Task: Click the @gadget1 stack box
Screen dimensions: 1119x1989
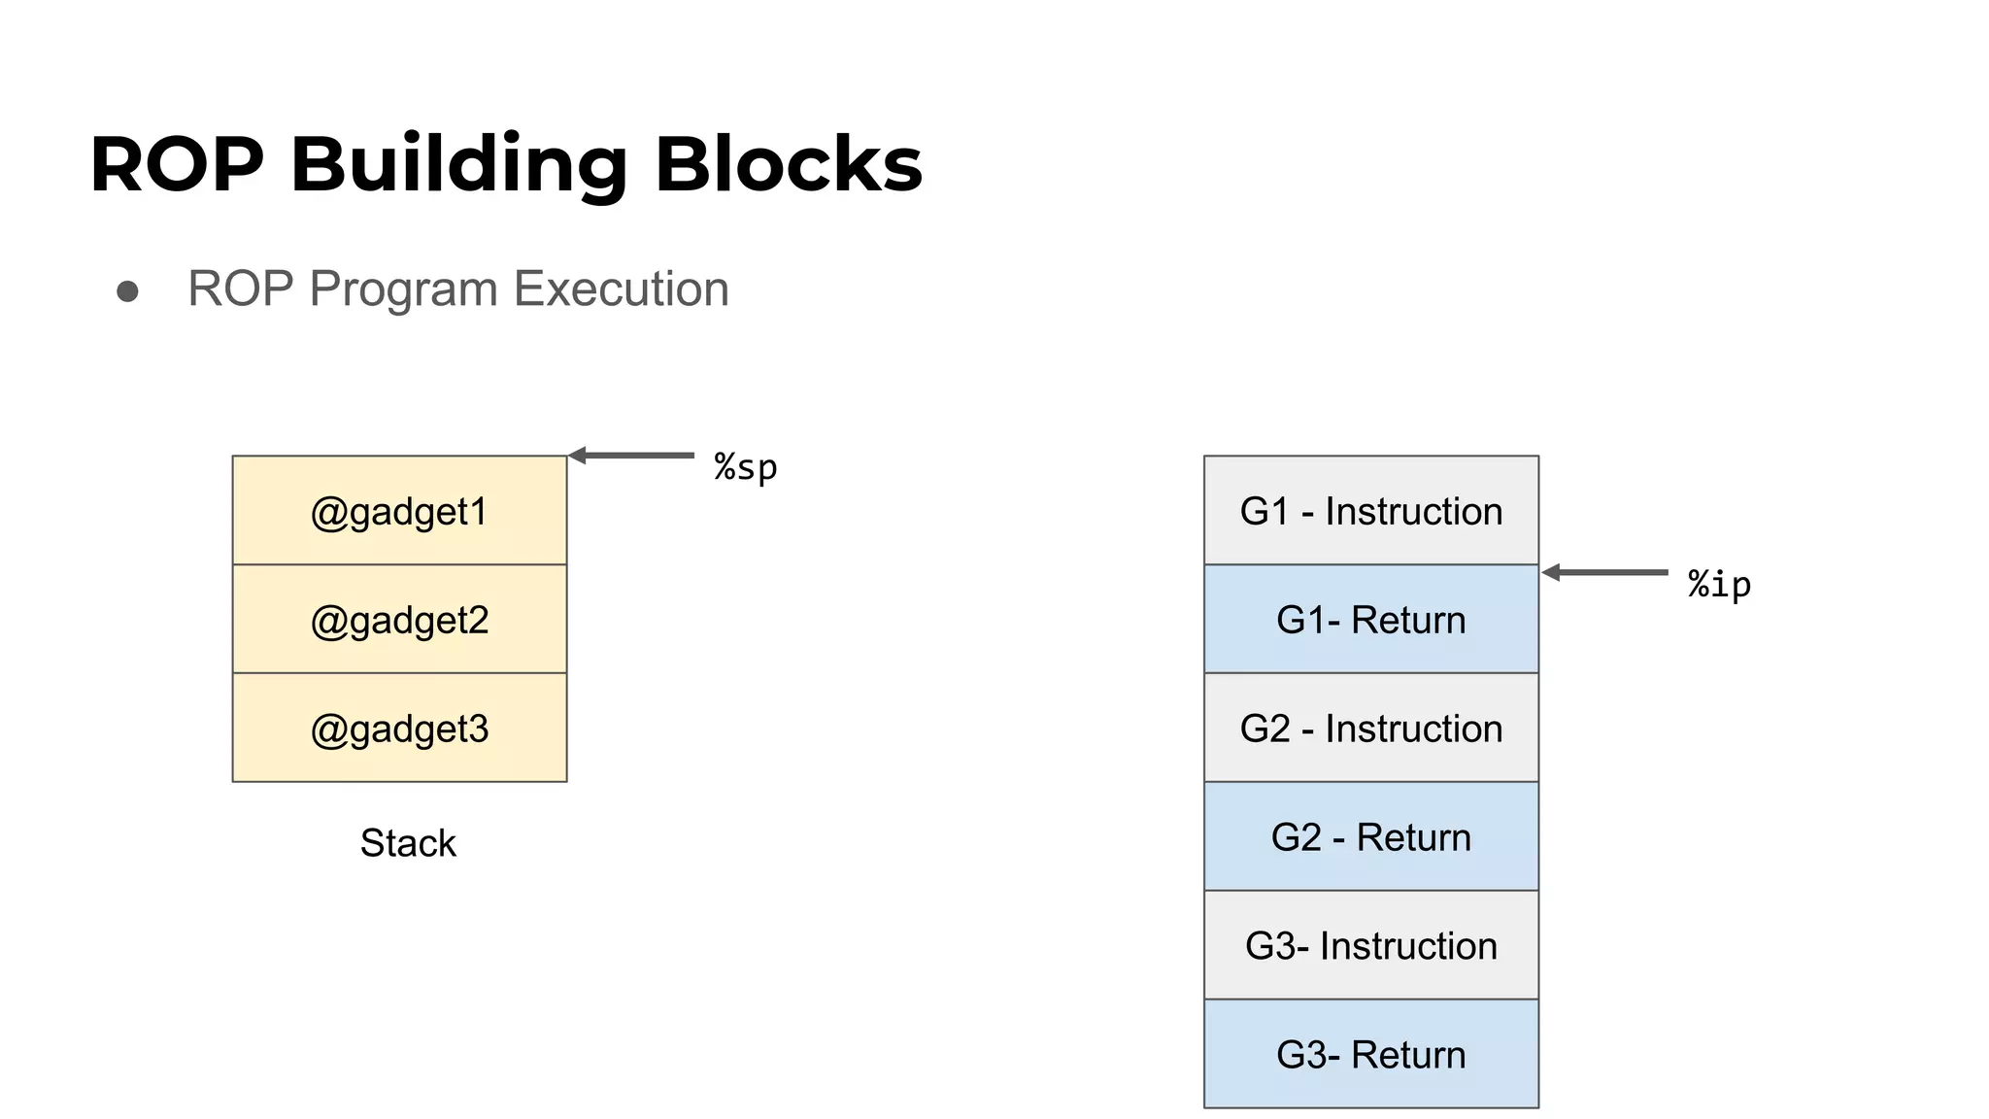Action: pos(399,511)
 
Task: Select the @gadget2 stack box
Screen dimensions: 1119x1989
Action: pos(399,620)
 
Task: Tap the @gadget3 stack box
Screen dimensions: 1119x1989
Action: pos(399,729)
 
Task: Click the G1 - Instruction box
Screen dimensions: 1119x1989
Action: pos(1370,511)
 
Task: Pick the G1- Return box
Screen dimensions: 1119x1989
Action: pos(1370,620)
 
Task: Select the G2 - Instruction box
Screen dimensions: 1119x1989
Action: pos(1370,729)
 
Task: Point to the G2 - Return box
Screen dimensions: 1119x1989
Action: pos(1370,837)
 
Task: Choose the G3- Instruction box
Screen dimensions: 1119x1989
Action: pos(1370,946)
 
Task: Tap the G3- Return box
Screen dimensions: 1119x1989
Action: pos(1370,1055)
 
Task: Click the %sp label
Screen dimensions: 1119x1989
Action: pos(746,468)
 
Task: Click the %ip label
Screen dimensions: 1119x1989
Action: pos(1719,585)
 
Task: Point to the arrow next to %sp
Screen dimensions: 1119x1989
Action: pos(631,455)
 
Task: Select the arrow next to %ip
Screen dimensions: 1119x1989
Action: pos(1604,572)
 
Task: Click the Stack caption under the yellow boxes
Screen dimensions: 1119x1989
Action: pos(407,843)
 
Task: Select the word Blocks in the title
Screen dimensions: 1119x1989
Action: pos(788,165)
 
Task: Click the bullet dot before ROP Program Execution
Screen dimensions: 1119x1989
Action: pos(127,291)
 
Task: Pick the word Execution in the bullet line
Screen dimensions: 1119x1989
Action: pos(621,289)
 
